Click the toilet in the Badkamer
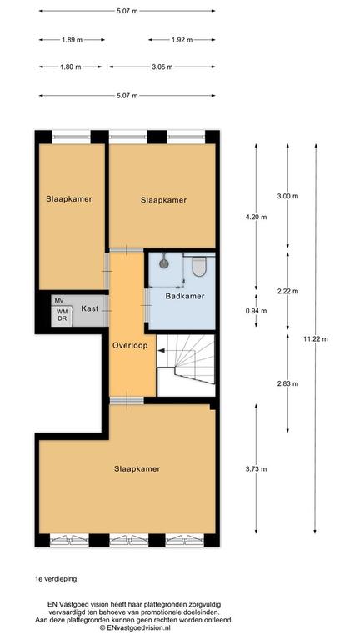pos(199,266)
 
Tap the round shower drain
pos(164,263)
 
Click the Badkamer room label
pos(185,297)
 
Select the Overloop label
pos(131,346)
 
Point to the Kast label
pos(90,308)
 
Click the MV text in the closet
pos(59,300)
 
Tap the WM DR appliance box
pos(62,316)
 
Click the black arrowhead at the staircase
pos(161,350)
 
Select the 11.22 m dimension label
pos(316,338)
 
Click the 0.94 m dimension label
pos(257,311)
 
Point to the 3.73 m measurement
pos(257,469)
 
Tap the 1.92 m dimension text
pos(182,40)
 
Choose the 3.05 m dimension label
pos(162,67)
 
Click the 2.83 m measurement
pos(287,383)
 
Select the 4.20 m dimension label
pos(257,217)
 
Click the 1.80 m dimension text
pos(70,67)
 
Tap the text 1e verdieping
pos(56,579)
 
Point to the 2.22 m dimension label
pos(287,292)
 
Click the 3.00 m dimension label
pos(287,197)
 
